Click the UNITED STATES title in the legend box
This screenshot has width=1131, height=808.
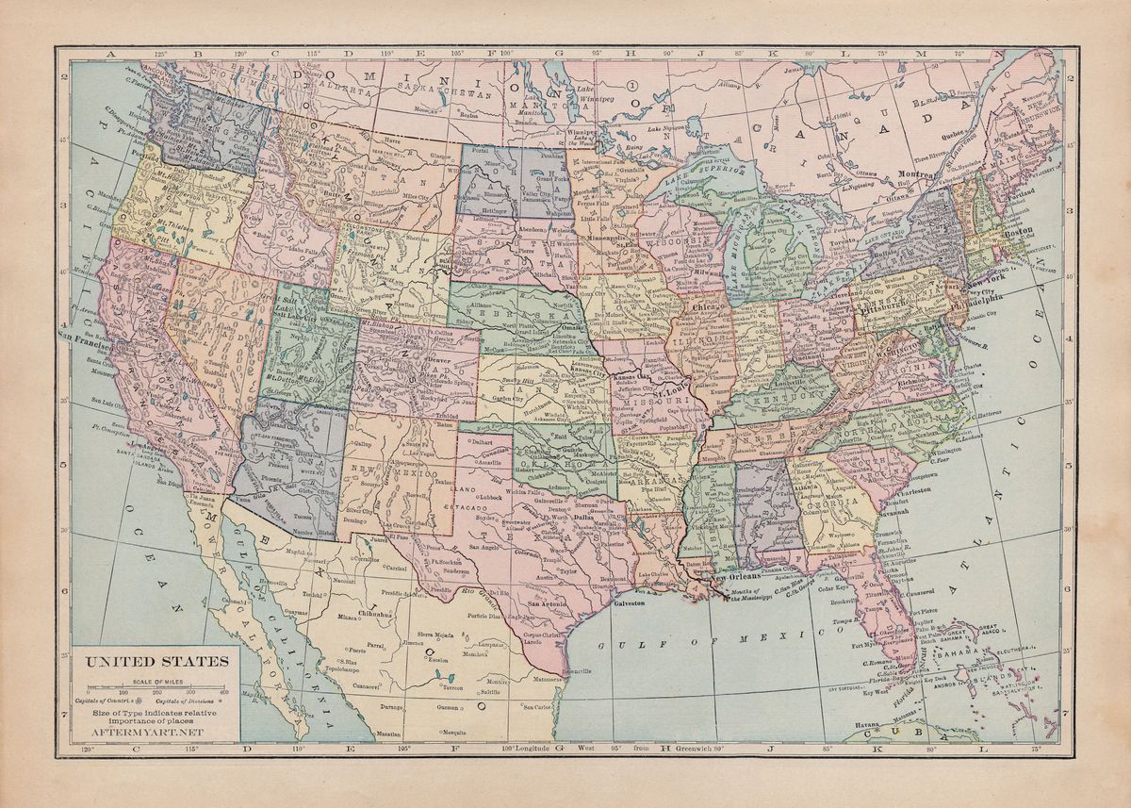click(157, 661)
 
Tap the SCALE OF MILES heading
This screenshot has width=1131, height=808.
click(157, 681)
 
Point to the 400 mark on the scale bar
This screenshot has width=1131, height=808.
click(224, 693)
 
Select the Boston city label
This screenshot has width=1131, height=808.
click(1018, 230)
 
